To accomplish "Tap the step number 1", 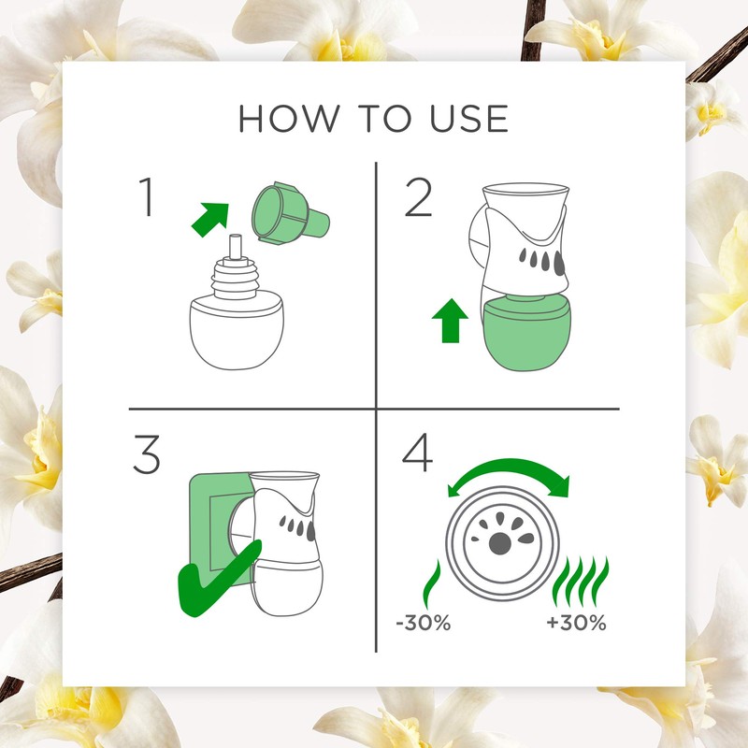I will (146, 199).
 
